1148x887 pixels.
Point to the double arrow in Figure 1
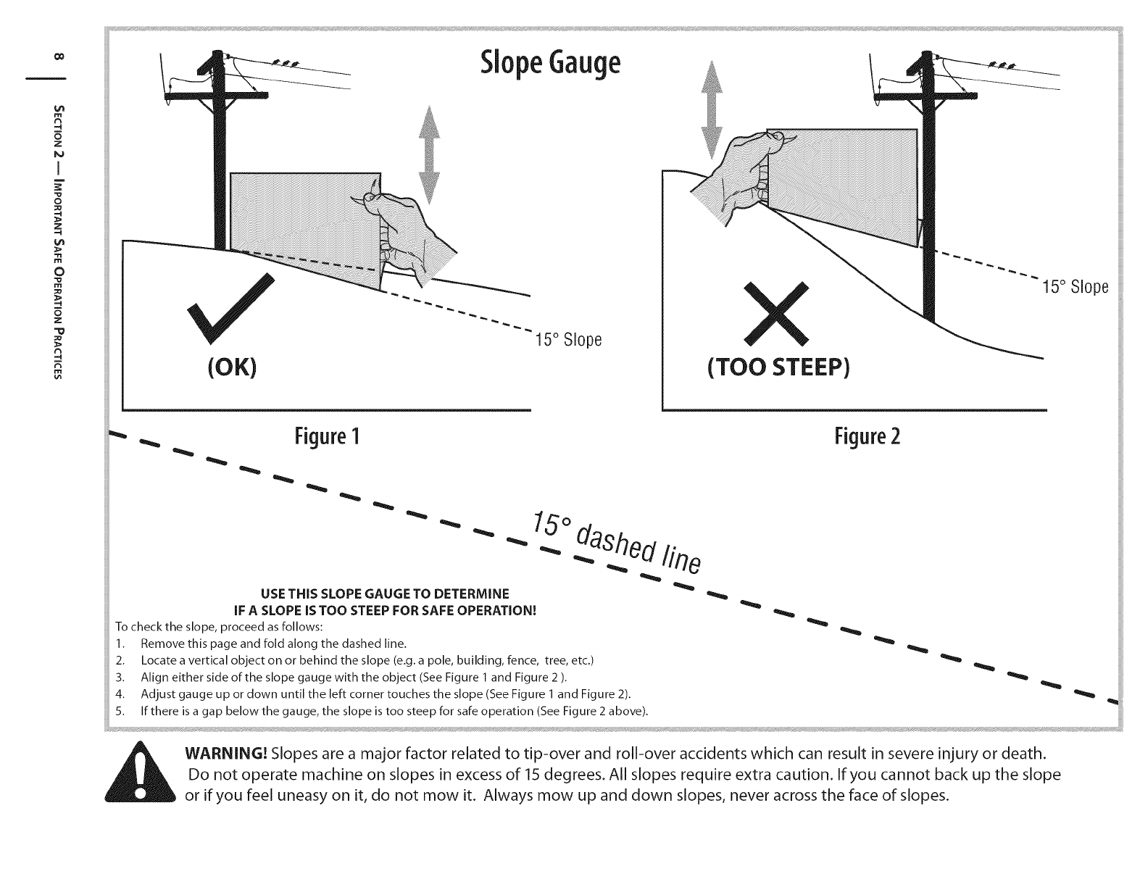[x=430, y=154]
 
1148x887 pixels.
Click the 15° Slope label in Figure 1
[x=568, y=339]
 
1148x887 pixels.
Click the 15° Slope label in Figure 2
[x=1075, y=286]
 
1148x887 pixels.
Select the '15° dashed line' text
[x=616, y=544]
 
